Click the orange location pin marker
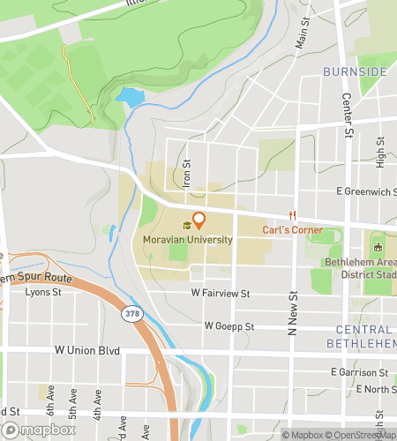point(198,220)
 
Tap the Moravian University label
point(186,239)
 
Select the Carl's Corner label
point(288,229)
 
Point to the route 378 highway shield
point(131,313)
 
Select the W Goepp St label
point(229,325)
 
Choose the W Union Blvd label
point(86,350)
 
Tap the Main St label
point(303,38)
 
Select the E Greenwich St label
point(363,191)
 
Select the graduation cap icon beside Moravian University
point(186,226)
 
